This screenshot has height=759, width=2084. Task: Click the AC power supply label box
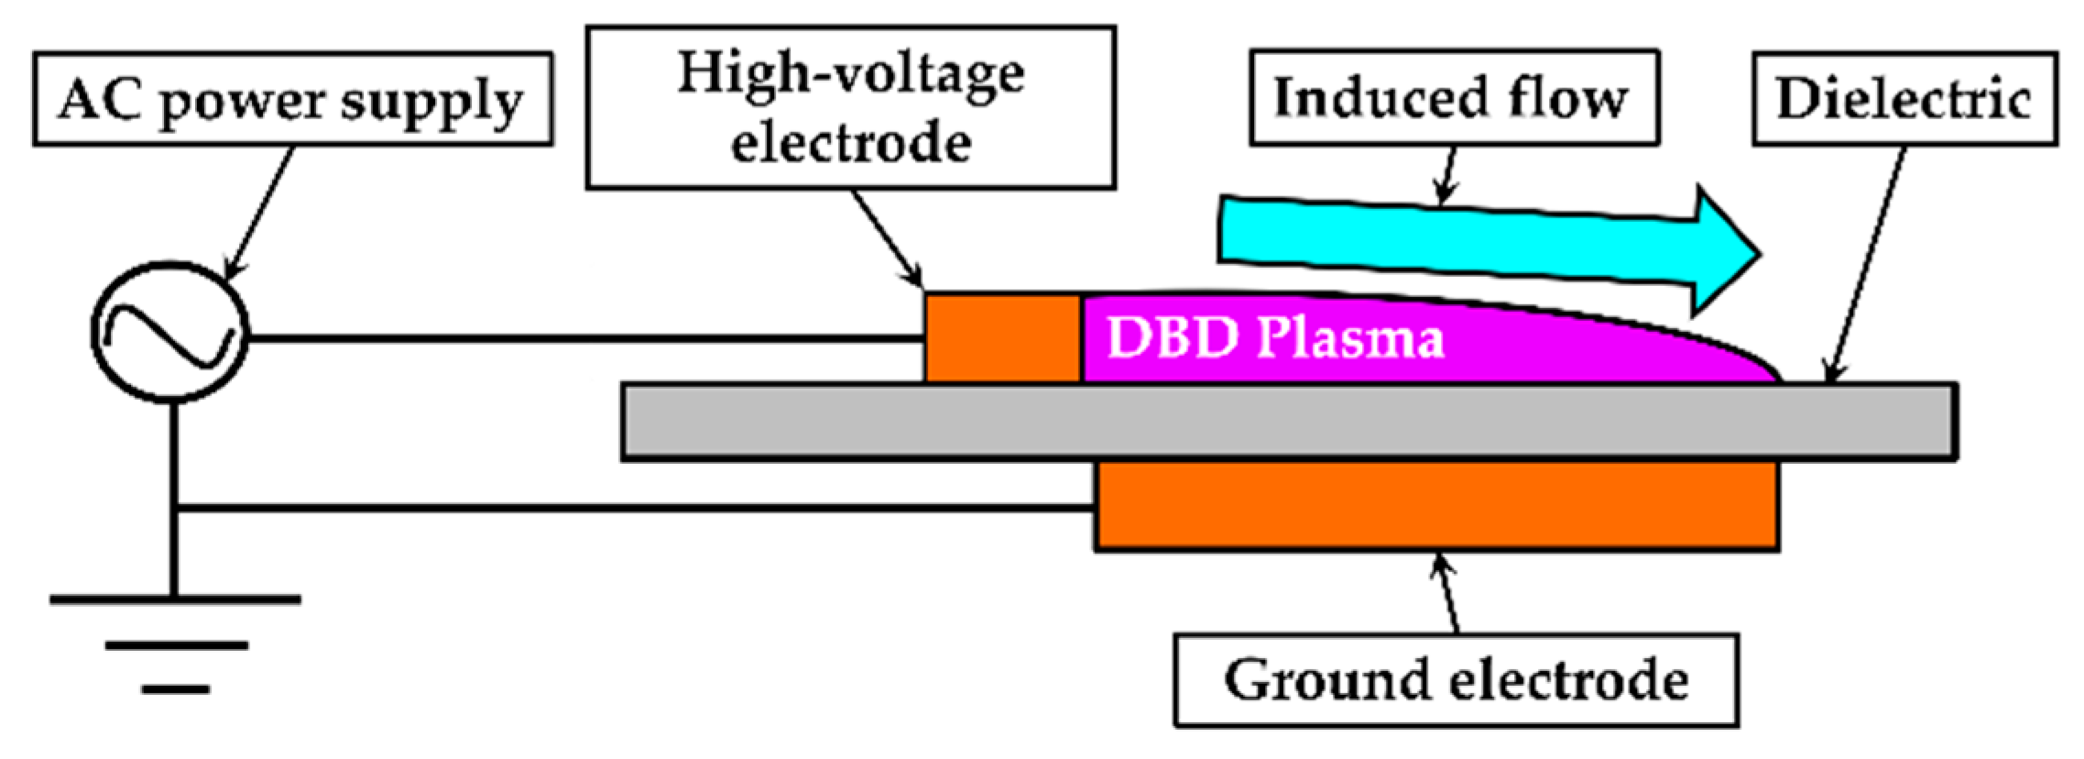(x=292, y=99)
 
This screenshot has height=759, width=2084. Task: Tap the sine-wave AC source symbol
(x=169, y=332)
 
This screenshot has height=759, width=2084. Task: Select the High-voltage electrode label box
(x=850, y=107)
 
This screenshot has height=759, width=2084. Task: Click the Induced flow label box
(x=1454, y=97)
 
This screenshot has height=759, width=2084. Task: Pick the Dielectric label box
(x=1904, y=99)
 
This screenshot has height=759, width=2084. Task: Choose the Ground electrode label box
(x=1456, y=680)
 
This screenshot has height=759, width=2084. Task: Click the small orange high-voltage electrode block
(x=1002, y=337)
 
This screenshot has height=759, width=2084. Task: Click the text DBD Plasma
(x=1275, y=337)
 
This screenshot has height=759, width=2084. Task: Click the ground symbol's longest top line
(x=175, y=600)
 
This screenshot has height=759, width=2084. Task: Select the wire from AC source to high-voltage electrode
(x=586, y=339)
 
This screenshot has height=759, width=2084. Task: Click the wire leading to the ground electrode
(x=632, y=507)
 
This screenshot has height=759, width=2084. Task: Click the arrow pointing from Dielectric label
(x=1864, y=266)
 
